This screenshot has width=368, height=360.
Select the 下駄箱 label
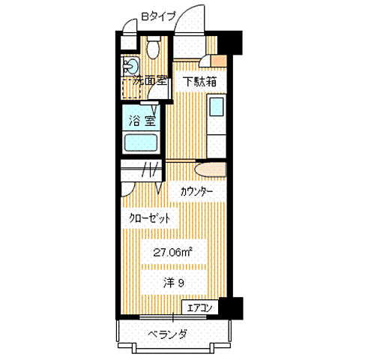point(201,82)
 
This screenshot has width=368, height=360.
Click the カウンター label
point(196,192)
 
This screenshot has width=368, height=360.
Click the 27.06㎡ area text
point(172,252)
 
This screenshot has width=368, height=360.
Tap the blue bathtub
point(141,143)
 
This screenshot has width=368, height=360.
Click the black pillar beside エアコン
point(234,307)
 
